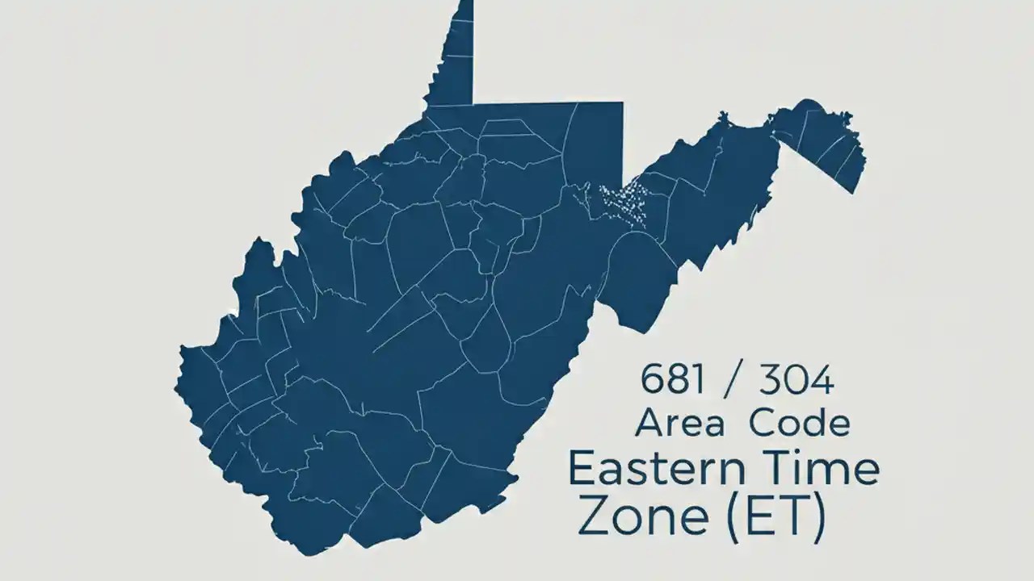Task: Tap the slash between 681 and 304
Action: [730, 380]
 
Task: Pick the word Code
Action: [799, 423]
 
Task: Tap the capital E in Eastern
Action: [582, 469]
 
